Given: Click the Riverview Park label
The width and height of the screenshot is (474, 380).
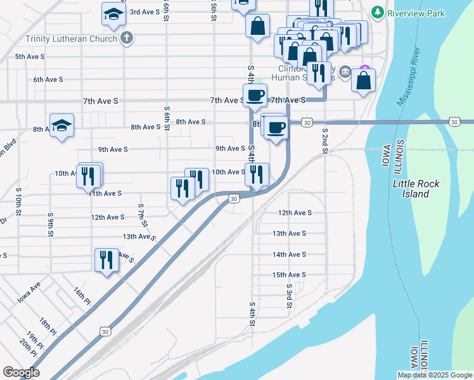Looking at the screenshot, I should (x=417, y=13).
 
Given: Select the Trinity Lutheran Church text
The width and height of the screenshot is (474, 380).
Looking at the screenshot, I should (x=71, y=39).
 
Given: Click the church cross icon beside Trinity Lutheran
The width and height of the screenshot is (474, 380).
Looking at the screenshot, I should (x=127, y=38).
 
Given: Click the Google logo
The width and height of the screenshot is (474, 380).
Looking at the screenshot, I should (x=21, y=372).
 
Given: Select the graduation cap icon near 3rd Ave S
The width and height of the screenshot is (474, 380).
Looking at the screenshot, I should (x=114, y=14).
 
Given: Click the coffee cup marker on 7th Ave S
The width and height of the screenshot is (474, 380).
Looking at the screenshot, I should (x=255, y=96).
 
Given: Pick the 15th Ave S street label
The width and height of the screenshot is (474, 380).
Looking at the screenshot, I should (x=289, y=275).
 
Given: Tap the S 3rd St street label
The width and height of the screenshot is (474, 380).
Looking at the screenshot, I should (x=289, y=296).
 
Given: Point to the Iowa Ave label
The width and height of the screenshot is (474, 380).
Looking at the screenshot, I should (x=29, y=291).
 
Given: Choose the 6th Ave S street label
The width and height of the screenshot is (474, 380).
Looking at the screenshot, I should (x=48, y=79).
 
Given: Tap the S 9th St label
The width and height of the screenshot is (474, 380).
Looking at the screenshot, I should (x=50, y=224).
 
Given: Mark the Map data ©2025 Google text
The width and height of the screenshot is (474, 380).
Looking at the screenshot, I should (x=434, y=375).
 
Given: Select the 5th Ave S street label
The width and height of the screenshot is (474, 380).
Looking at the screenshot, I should (x=30, y=56).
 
